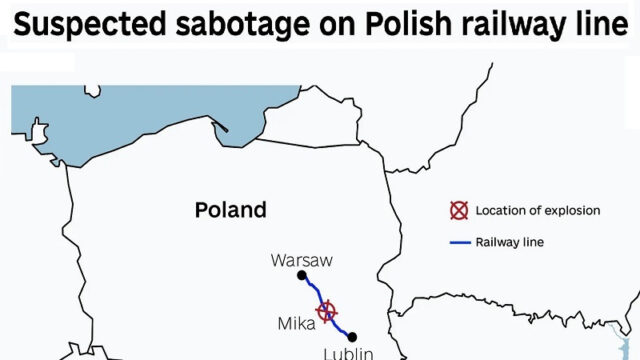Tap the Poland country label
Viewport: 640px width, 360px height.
tap(230, 210)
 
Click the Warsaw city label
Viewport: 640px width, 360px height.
tap(301, 261)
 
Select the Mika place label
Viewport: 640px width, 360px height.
tap(295, 323)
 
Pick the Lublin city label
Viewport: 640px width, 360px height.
tap(348, 353)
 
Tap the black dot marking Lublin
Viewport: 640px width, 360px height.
tap(351, 336)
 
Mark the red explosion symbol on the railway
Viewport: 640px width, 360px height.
tap(327, 311)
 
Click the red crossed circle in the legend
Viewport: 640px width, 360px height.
tap(458, 211)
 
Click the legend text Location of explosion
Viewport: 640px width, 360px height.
tap(538, 211)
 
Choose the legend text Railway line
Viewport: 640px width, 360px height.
tap(510, 241)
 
